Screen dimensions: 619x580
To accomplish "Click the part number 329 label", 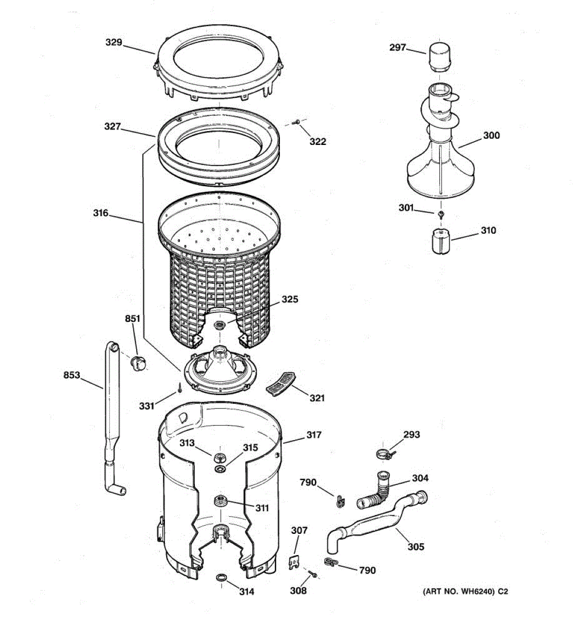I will tap(114, 42).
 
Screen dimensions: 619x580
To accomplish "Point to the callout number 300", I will tap(491, 136).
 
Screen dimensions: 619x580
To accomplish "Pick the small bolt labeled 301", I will tap(441, 214).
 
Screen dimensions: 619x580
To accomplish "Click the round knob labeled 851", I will tap(137, 362).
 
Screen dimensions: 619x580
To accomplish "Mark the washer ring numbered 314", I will tap(221, 577).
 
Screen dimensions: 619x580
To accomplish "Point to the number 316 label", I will tap(101, 213).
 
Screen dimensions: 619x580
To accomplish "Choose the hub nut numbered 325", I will tap(219, 325).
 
